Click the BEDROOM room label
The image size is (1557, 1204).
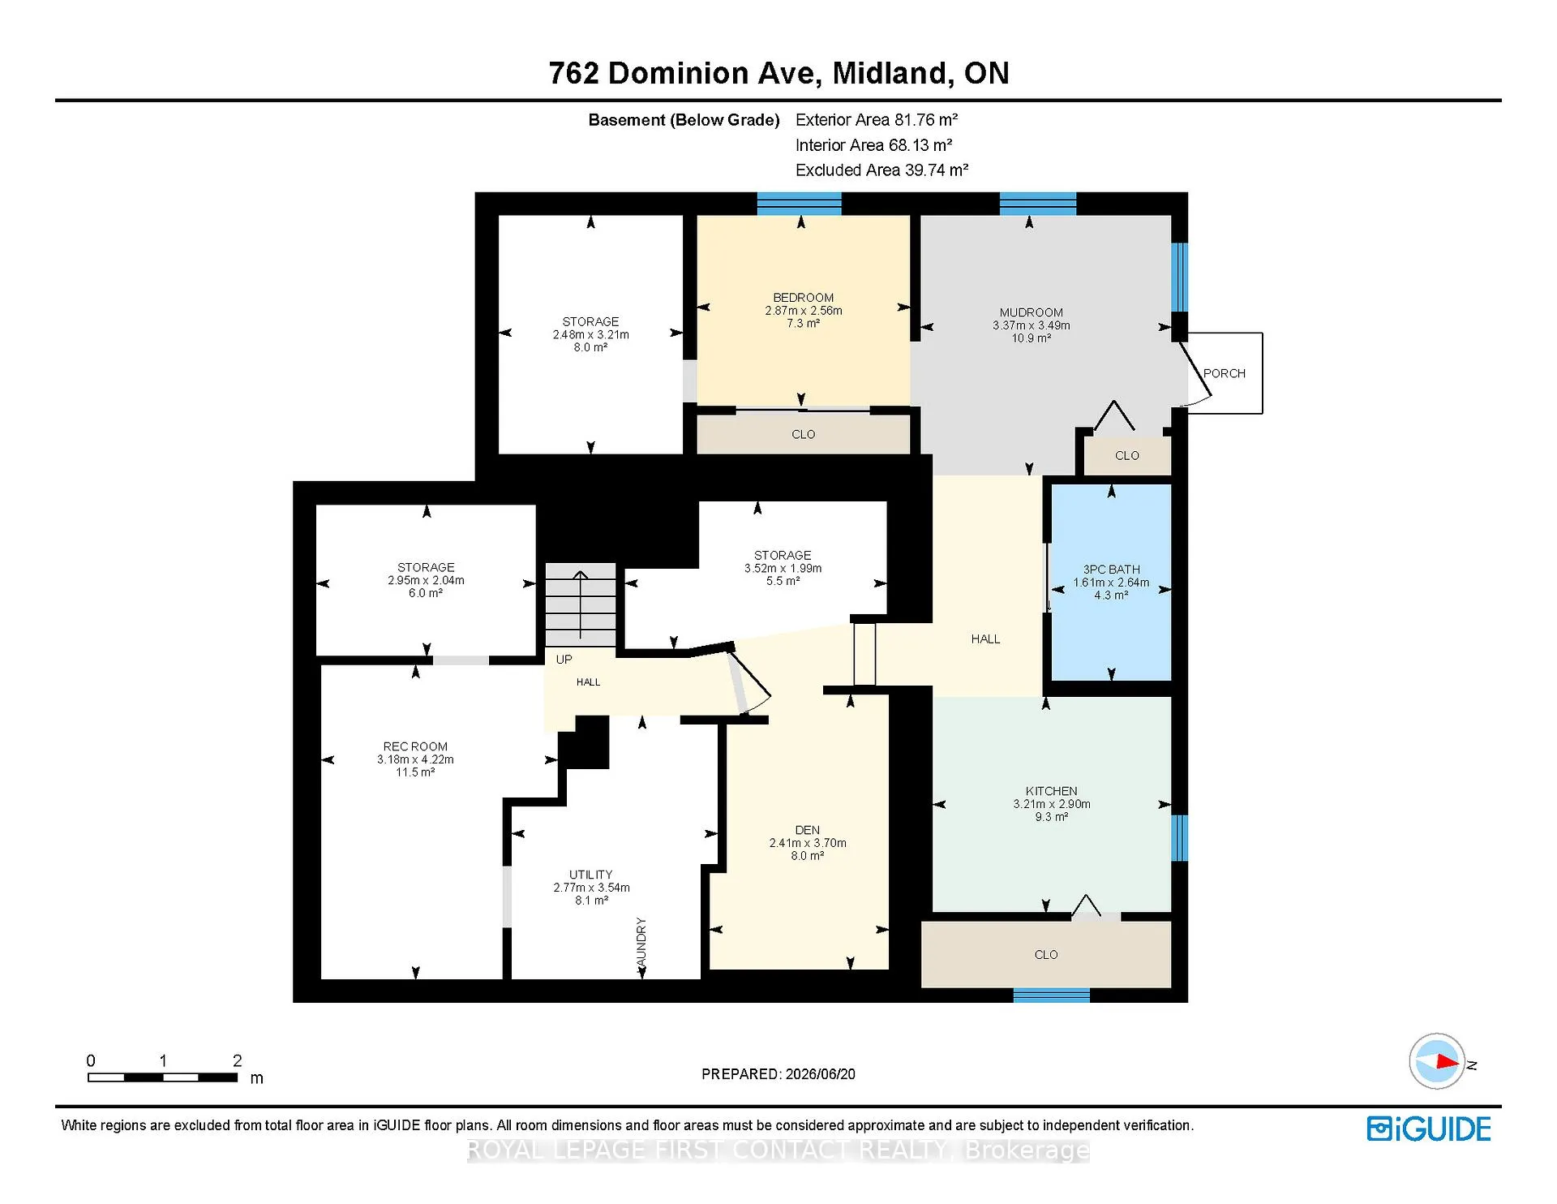coord(803,298)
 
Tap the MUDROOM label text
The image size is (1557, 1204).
coord(1031,312)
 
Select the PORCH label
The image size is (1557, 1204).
coord(1224,373)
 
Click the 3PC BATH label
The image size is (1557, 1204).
coord(1111,570)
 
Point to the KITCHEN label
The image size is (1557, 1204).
coord(1051,791)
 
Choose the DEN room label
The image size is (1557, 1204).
coord(807,830)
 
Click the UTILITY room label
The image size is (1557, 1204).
coord(590,875)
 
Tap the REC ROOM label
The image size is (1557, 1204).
coord(415,746)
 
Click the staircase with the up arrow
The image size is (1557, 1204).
coord(580,604)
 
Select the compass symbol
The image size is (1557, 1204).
coord(1438,1061)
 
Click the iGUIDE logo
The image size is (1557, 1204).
coord(1429,1129)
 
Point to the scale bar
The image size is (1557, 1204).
coord(162,1077)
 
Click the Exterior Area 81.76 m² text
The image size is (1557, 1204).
coord(877,120)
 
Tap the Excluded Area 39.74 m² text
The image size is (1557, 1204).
coord(881,170)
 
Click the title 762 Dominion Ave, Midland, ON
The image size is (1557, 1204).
coord(778,73)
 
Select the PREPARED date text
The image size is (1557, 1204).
coord(778,1074)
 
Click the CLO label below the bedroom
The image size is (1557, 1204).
coord(803,434)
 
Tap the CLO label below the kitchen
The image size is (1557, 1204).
coord(1046,955)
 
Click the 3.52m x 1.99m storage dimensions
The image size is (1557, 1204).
coord(783,569)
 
